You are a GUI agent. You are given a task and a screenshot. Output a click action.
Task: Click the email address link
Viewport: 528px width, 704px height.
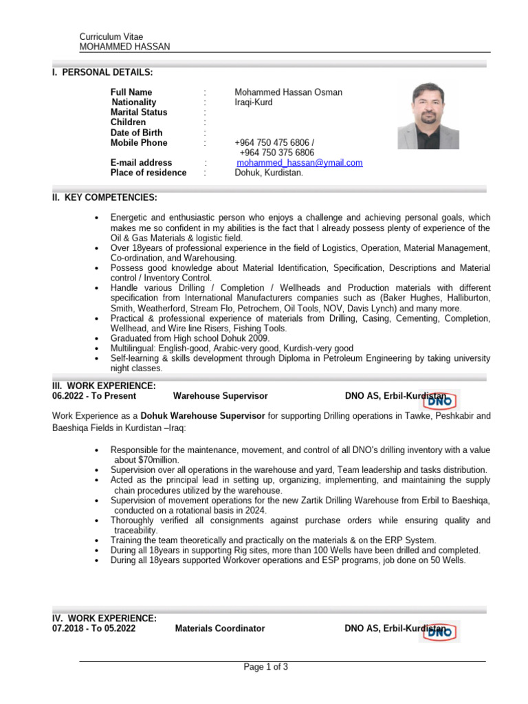(299, 163)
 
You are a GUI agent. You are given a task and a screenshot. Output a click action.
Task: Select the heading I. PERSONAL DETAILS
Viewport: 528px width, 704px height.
(102, 72)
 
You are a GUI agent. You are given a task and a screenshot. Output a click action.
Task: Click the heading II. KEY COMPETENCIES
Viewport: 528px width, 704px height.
(104, 198)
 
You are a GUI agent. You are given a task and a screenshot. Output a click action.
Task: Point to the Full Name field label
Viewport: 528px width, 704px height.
(131, 92)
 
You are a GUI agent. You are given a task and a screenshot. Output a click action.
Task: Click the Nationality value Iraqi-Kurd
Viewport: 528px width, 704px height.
(254, 102)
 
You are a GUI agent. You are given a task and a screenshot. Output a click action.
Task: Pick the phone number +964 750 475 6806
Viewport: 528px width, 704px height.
(274, 143)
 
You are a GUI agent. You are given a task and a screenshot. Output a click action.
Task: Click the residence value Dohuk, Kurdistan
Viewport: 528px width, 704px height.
(269, 173)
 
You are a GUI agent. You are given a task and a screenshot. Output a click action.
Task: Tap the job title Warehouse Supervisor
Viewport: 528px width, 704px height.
(220, 396)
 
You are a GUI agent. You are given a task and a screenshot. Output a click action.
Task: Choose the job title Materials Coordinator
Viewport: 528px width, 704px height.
(220, 628)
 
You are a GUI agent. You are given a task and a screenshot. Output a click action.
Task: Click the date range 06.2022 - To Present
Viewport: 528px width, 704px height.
(94, 396)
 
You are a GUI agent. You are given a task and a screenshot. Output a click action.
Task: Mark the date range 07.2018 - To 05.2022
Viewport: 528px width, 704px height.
(94, 628)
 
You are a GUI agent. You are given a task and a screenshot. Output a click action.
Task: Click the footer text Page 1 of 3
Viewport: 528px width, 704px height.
(266, 667)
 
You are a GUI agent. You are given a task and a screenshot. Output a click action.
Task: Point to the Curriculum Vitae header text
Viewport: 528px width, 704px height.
(111, 36)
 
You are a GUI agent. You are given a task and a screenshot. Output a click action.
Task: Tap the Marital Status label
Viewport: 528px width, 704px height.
(139, 112)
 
